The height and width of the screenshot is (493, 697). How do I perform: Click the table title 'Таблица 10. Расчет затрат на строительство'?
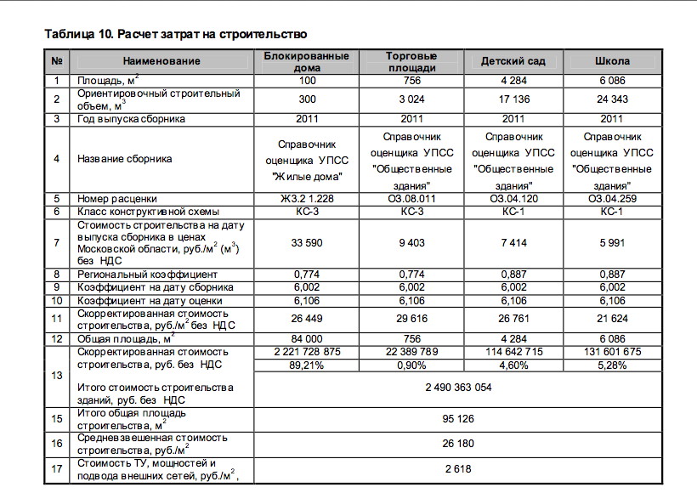[x=175, y=34]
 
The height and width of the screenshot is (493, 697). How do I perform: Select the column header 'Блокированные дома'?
[x=307, y=61]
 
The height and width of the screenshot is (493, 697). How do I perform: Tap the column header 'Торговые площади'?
[x=411, y=61]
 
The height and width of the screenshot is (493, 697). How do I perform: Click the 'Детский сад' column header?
[x=513, y=61]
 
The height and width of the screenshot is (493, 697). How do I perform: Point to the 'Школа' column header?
[x=612, y=61]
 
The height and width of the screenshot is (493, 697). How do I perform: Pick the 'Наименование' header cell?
[x=161, y=61]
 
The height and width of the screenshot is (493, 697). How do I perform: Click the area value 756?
[x=411, y=81]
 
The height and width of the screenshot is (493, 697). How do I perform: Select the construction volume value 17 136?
[x=513, y=99]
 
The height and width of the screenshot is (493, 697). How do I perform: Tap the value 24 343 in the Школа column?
[x=612, y=99]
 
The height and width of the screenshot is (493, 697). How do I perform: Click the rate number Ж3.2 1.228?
[x=307, y=199]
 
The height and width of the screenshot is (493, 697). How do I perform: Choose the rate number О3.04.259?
[x=612, y=199]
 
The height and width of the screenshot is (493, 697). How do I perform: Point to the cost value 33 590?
[x=307, y=243]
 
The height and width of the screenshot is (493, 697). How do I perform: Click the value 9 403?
[x=411, y=243]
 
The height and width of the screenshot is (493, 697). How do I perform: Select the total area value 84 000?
[x=307, y=338]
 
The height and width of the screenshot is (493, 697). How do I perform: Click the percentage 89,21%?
[x=307, y=365]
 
